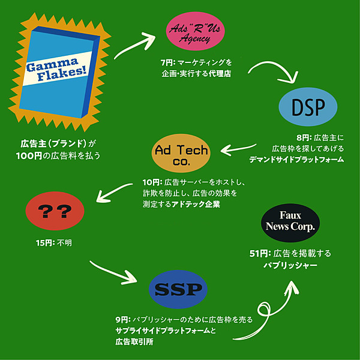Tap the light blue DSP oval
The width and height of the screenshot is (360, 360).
pyautogui.click(x=308, y=107)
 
